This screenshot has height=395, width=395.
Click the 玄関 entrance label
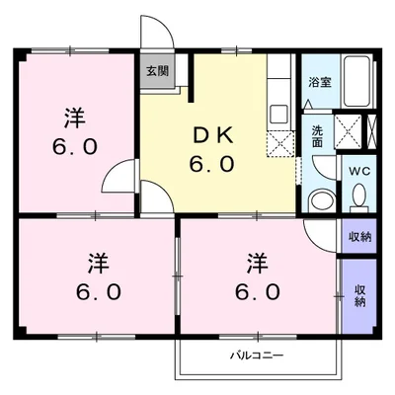tap(157, 71)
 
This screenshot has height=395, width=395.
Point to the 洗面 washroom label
tap(318, 135)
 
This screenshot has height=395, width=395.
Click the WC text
tap(356, 169)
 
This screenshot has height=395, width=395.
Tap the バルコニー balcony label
tap(258, 355)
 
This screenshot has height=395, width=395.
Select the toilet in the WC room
tap(358, 197)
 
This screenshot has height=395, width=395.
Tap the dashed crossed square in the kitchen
tap(280, 144)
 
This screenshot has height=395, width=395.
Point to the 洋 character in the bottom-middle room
tap(258, 264)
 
